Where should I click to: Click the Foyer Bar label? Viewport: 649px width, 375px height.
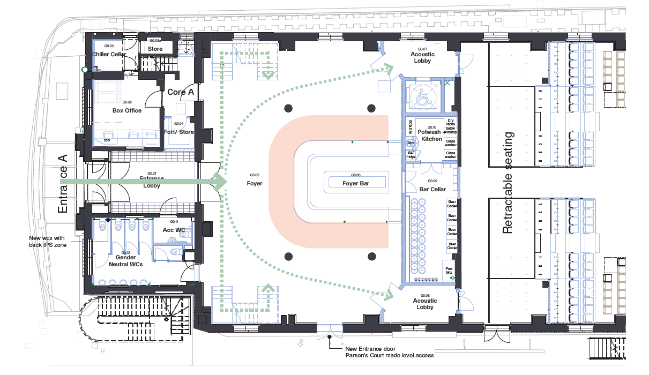pos(356,183)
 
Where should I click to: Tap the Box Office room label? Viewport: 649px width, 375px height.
pos(127,110)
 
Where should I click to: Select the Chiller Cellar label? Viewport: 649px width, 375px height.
pos(109,55)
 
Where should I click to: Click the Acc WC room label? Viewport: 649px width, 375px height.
pos(174,230)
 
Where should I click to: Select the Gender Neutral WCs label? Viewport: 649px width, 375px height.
pos(125,261)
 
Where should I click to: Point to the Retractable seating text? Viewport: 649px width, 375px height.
pos(508,183)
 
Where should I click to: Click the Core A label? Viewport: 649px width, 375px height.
pos(180,92)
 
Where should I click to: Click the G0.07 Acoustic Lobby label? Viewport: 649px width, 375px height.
pos(422,57)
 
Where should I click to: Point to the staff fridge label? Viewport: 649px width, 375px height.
pos(411,155)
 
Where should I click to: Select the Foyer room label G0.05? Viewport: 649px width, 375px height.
pos(255,183)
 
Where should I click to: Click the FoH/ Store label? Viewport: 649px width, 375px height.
pos(179,132)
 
